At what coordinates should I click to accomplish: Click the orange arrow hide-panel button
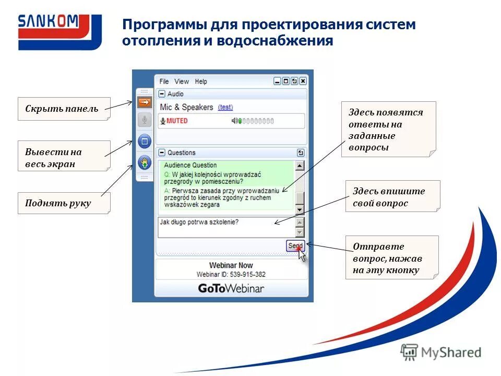pyautogui.click(x=145, y=102)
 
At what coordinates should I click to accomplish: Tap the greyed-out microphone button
pyautogui.click(x=145, y=121)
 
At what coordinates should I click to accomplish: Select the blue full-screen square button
pyautogui.click(x=145, y=141)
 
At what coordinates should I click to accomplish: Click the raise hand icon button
pyautogui.click(x=145, y=162)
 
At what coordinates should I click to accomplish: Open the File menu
pyautogui.click(x=164, y=81)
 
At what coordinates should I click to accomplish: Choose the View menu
pyautogui.click(x=182, y=81)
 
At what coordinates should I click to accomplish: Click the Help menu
pyautogui.click(x=201, y=81)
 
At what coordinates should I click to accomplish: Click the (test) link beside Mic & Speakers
pyautogui.click(x=225, y=107)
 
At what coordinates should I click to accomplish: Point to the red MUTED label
pyautogui.click(x=177, y=121)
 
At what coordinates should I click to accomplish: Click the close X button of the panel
pyautogui.click(x=303, y=81)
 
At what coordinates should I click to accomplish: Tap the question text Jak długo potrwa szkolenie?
pyautogui.click(x=199, y=222)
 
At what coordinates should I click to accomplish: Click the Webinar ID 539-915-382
pyautogui.click(x=231, y=275)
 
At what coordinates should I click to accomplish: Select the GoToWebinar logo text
pyautogui.click(x=231, y=288)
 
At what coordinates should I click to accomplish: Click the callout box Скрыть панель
pyautogui.click(x=64, y=109)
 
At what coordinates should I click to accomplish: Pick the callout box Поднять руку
pyautogui.click(x=64, y=203)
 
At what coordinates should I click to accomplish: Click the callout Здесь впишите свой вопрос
pyautogui.click(x=392, y=197)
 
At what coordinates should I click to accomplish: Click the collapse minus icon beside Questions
pyautogui.click(x=162, y=153)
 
